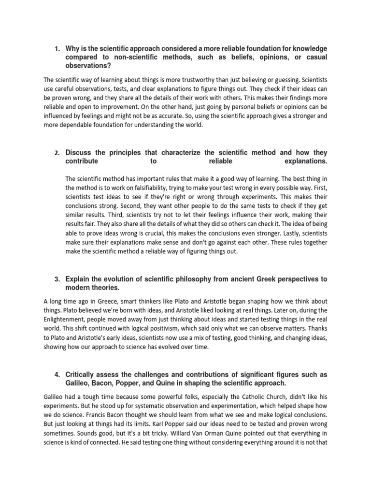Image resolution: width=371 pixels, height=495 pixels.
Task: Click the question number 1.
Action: point(57,49)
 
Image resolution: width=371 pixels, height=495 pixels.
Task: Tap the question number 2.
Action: point(57,153)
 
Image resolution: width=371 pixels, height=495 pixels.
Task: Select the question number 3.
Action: point(57,279)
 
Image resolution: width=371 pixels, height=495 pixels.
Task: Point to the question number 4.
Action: point(57,375)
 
